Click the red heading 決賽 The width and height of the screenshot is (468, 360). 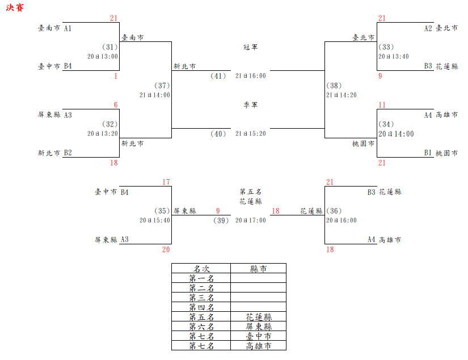click(15, 10)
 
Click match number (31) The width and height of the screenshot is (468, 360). click(109, 47)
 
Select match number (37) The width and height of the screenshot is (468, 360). click(162, 86)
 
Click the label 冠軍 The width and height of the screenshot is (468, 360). click(250, 47)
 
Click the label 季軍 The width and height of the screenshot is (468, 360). click(250, 105)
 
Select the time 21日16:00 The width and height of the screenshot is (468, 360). click(250, 75)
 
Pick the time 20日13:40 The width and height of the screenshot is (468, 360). click(394, 56)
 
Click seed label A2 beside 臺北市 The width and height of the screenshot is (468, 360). click(428, 28)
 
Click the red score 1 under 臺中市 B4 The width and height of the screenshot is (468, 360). click(115, 76)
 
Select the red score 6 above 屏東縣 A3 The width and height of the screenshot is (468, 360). click(116, 105)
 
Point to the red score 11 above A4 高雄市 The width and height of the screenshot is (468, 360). click(382, 105)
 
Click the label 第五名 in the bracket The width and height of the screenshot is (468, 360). click(250, 192)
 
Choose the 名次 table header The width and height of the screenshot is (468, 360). click(201, 269)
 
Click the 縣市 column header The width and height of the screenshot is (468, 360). click(258, 269)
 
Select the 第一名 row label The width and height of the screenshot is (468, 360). click(201, 278)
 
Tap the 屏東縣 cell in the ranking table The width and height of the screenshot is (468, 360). click(258, 327)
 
